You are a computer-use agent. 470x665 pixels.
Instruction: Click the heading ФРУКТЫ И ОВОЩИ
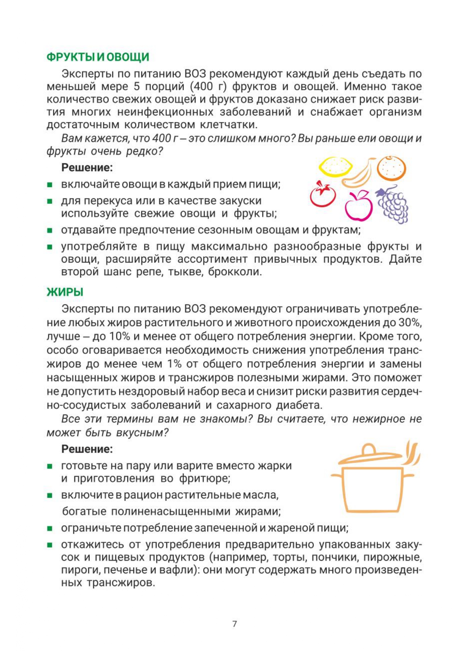point(98,57)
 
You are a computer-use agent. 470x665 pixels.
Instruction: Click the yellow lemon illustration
point(335,167)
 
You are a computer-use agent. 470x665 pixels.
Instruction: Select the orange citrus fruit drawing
point(391,168)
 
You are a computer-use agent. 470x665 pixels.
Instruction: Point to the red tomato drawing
point(323,194)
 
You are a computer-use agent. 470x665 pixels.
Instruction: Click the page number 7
point(235,623)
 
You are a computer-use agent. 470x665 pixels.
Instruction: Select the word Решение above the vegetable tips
point(87,167)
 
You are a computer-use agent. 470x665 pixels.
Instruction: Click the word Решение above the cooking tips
point(87,449)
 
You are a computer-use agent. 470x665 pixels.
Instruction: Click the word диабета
point(299,405)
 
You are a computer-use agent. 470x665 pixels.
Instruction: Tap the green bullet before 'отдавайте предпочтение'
point(50,230)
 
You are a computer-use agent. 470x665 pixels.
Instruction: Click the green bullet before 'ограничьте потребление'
point(50,528)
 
